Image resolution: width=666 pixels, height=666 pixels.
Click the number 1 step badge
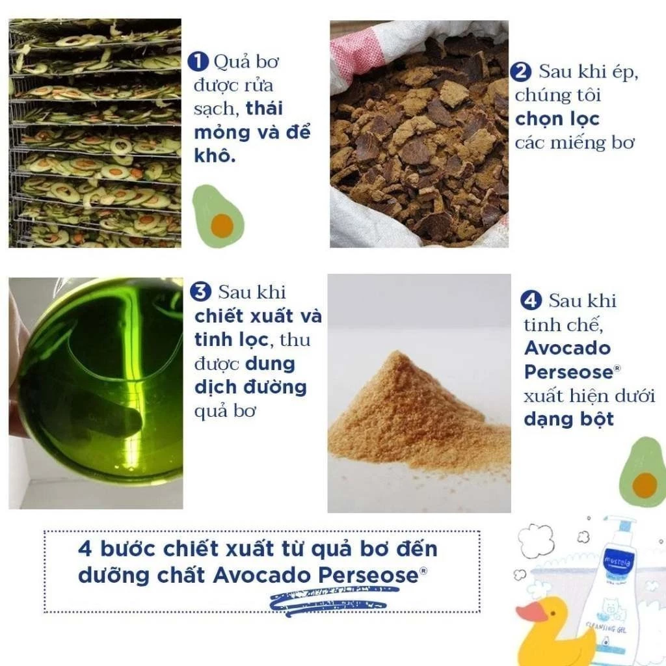[x=198, y=62]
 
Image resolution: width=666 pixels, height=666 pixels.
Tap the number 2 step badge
[x=521, y=72]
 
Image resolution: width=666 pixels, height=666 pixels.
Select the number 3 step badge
[x=200, y=292]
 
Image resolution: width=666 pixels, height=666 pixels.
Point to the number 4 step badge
[x=531, y=300]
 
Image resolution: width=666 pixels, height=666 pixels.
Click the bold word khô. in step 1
[x=215, y=155]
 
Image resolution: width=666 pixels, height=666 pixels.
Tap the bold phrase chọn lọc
[x=557, y=120]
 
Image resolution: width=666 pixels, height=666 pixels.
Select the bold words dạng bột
[x=568, y=420]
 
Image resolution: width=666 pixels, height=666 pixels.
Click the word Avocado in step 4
[x=567, y=349]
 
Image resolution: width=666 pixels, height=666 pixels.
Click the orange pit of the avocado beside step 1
[x=222, y=225]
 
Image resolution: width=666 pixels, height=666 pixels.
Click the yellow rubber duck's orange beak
[x=531, y=611]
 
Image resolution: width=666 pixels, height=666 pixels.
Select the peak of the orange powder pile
[x=397, y=352]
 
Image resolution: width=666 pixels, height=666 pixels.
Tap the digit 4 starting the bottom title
[x=85, y=549]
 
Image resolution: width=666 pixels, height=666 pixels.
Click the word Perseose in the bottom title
[x=369, y=576]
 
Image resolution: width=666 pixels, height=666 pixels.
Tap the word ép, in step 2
[x=625, y=72]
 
